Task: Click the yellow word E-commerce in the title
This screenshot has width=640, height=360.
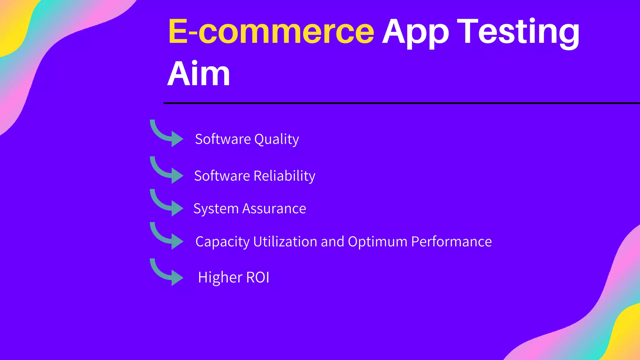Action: tap(271, 32)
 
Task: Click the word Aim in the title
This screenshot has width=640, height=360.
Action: tap(199, 74)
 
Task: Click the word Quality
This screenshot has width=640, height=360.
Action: tap(277, 139)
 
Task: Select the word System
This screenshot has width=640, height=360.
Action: tap(216, 209)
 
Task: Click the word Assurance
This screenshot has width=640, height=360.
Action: tap(274, 209)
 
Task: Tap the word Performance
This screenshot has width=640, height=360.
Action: tap(451, 242)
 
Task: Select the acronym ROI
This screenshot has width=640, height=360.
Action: tap(258, 277)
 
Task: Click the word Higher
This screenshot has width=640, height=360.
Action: tap(220, 277)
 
